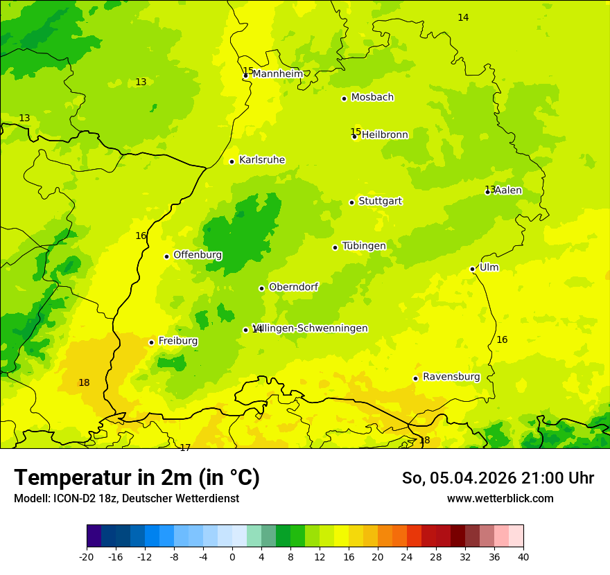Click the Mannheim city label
[x=277, y=74]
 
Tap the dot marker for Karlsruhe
[x=232, y=161]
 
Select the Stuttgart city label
[x=380, y=202]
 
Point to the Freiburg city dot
[x=152, y=342]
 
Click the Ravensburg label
[x=451, y=377]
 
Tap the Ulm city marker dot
[x=473, y=269]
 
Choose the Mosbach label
[x=372, y=98]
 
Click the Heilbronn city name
[x=385, y=135]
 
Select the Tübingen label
[x=364, y=246]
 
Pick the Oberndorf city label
[x=293, y=287]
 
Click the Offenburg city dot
[x=167, y=256]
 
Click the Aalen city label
[x=508, y=191]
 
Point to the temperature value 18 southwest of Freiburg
[x=84, y=382]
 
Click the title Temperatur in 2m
[x=137, y=477]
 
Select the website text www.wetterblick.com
[x=500, y=498]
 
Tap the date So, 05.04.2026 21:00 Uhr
[x=498, y=478]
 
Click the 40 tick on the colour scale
[x=523, y=556]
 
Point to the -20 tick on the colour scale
[x=87, y=556]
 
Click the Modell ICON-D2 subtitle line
[x=126, y=498]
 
